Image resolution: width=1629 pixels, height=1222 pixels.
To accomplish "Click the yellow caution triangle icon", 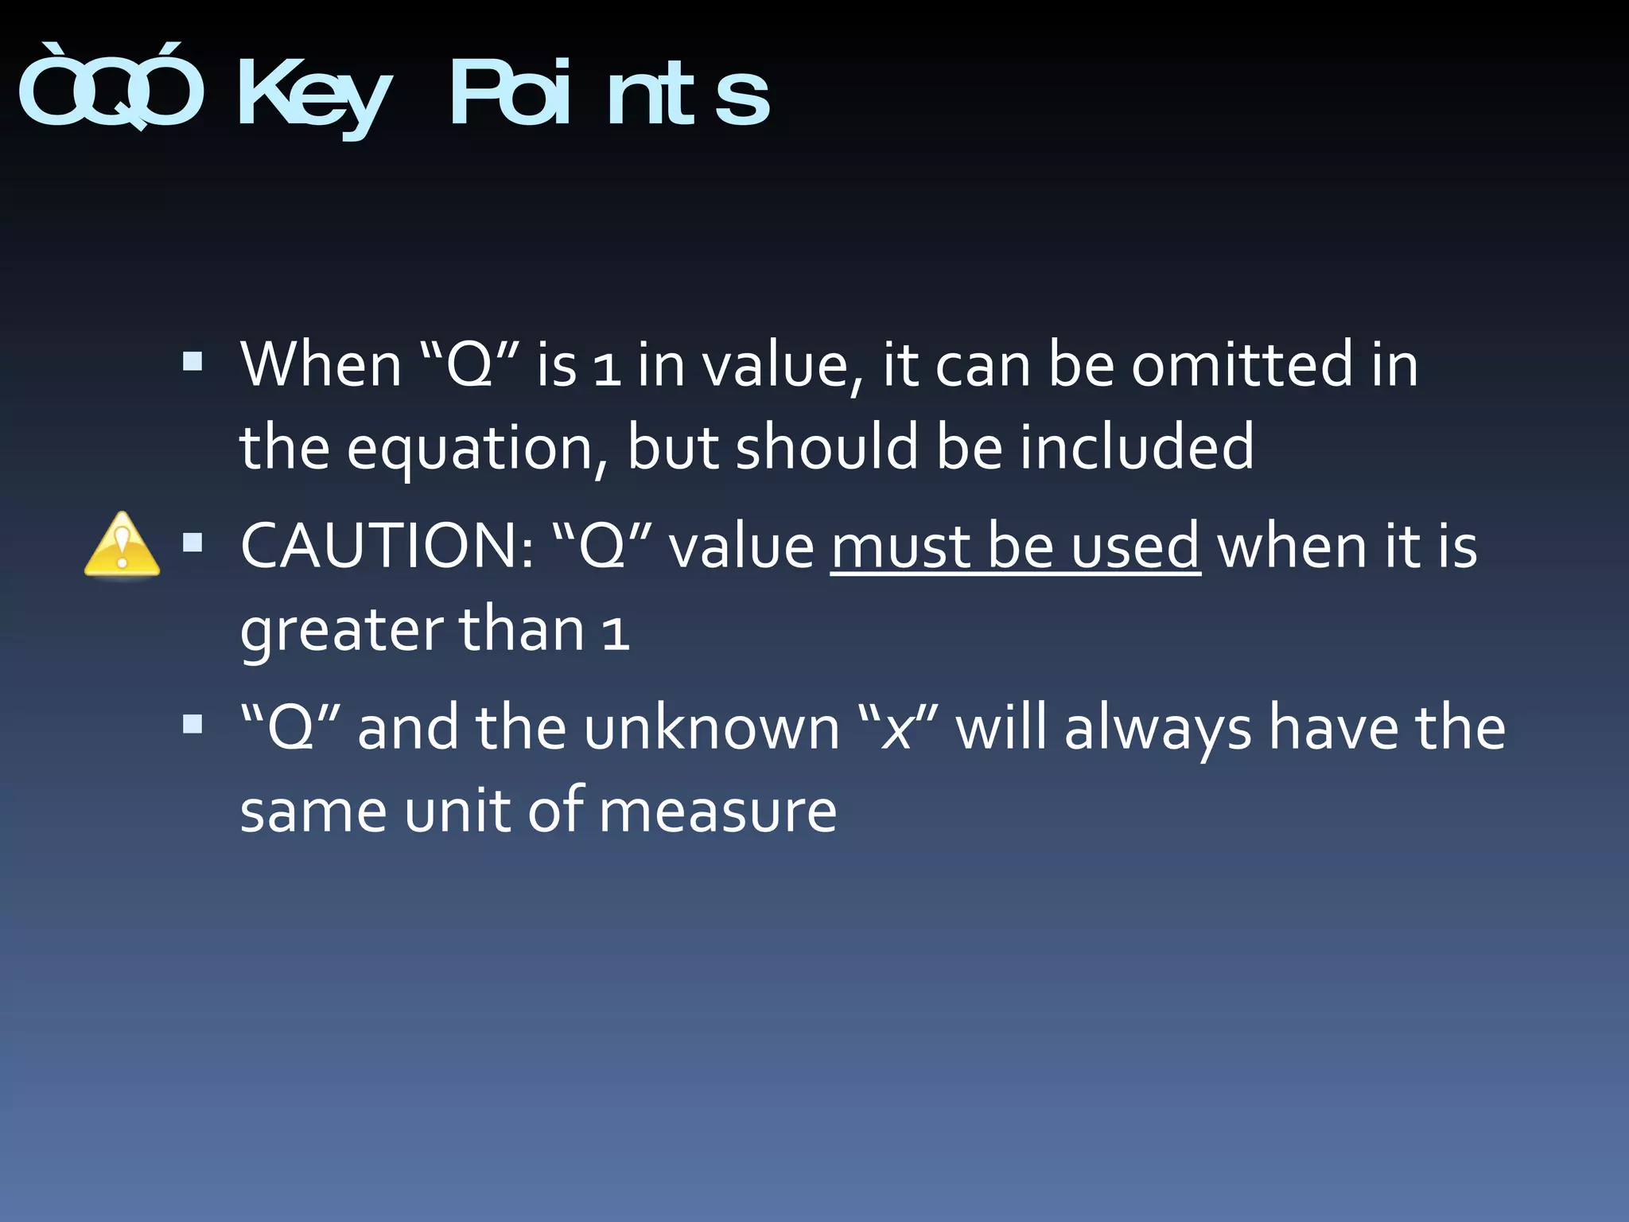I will click(x=122, y=545).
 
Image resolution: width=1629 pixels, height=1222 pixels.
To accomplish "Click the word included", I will click(x=1137, y=447).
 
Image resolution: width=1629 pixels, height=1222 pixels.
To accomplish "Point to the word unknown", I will click(x=711, y=729).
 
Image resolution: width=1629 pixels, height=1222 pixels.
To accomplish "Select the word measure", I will click(x=717, y=812).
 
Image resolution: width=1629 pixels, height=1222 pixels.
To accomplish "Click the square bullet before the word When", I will click(x=192, y=363).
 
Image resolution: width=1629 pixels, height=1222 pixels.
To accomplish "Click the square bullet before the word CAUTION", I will click(x=192, y=543).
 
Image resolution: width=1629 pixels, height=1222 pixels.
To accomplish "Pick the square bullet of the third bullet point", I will click(x=192, y=724).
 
